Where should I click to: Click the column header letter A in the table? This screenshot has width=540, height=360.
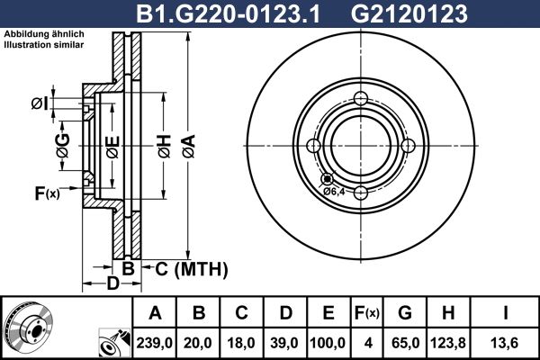click(x=156, y=313)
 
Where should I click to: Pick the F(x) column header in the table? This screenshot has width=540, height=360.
click(x=368, y=313)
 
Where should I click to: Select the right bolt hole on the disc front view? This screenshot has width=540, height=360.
click(x=407, y=146)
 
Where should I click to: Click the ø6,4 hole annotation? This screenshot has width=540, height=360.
click(x=334, y=191)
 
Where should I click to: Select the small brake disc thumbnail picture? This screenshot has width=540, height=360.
click(x=27, y=328)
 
